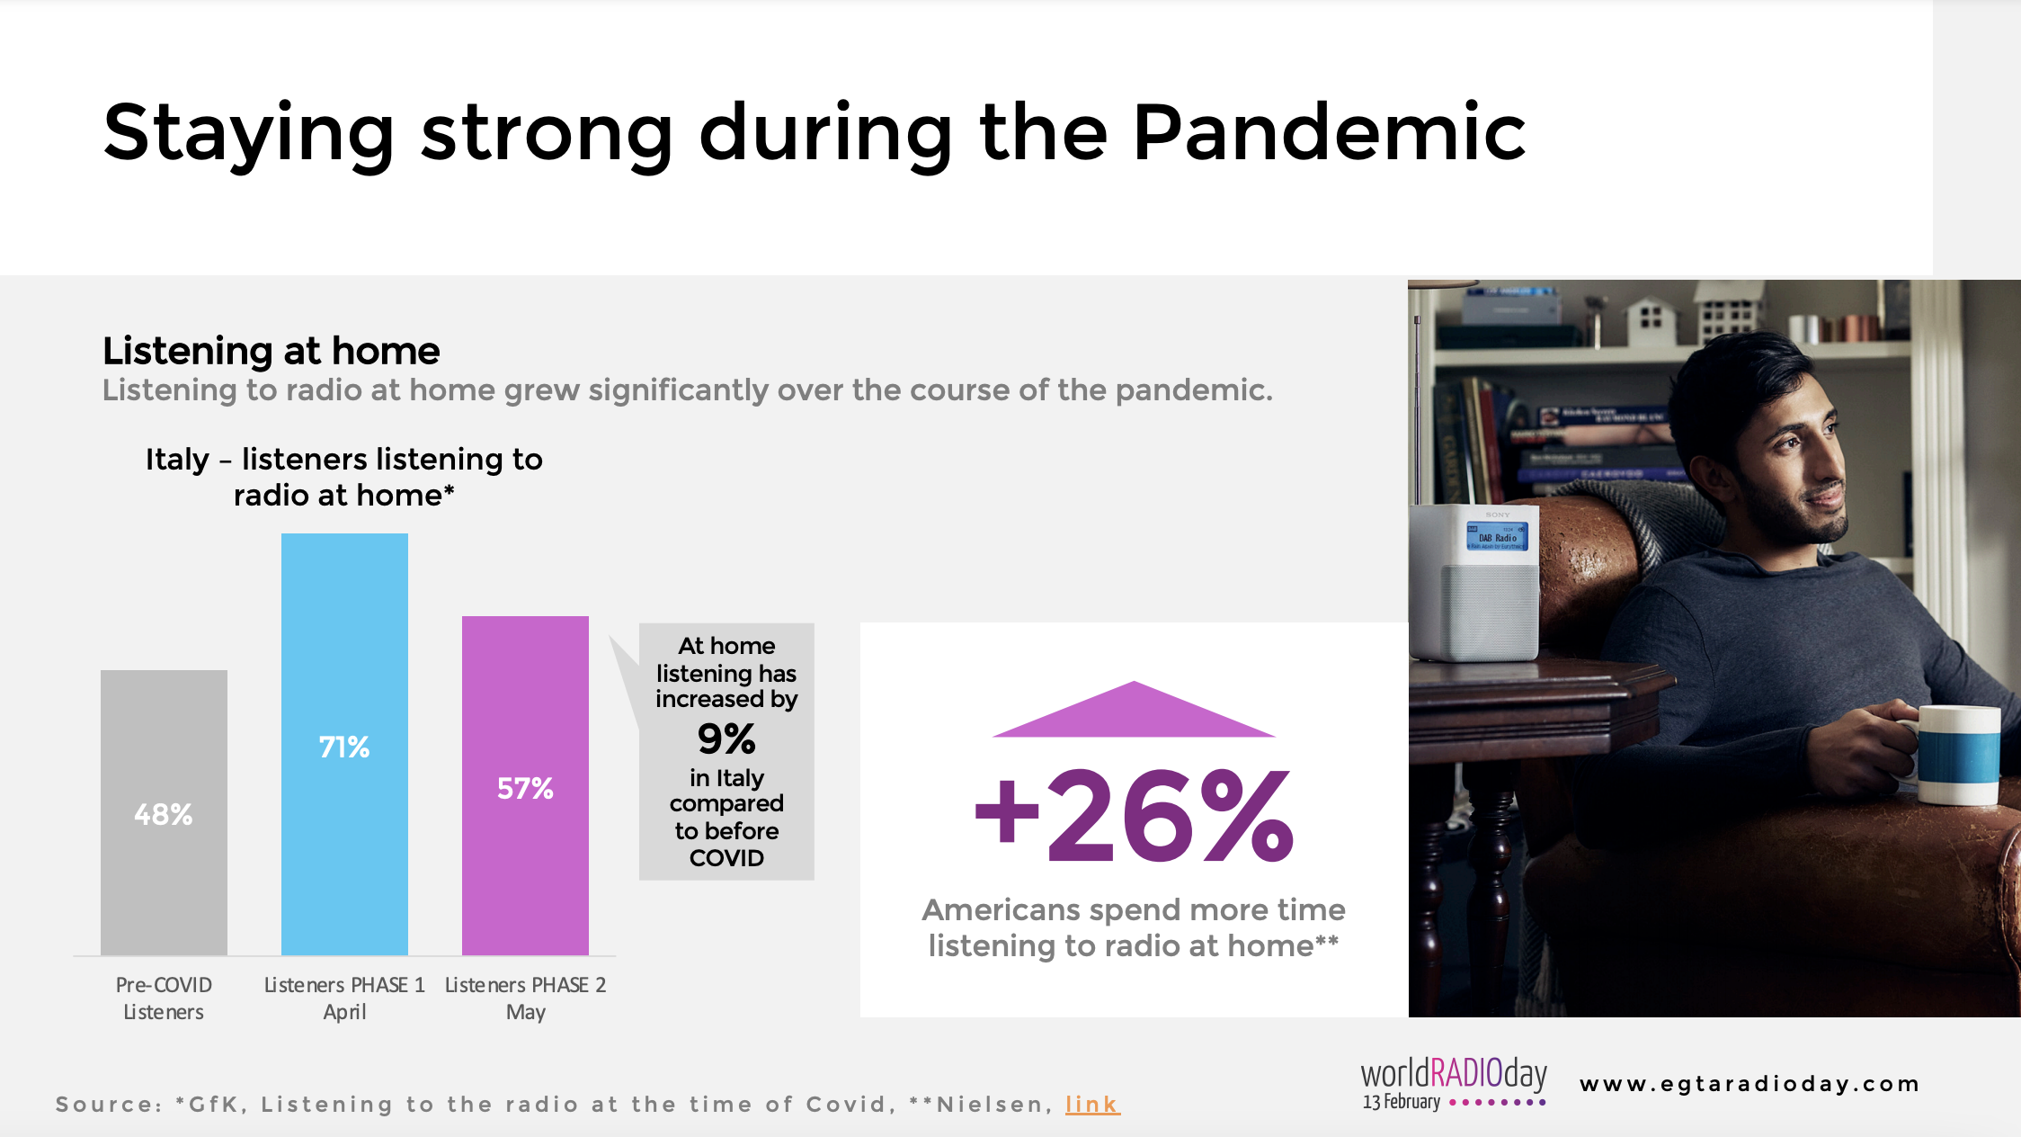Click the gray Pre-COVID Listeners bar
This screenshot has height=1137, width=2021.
[x=164, y=812]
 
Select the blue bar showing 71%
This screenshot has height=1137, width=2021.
[x=344, y=744]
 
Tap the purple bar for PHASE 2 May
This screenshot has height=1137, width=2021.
[x=525, y=785]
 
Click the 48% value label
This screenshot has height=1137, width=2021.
[x=164, y=815]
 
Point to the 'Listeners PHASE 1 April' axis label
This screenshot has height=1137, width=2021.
[x=344, y=998]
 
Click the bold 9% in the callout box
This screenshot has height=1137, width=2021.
[x=726, y=739]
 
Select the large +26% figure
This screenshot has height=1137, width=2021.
[x=1135, y=816]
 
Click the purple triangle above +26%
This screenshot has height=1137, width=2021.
[x=1134, y=711]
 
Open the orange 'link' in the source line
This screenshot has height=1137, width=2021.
[x=1092, y=1104]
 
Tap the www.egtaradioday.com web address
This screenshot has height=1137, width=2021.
[x=1749, y=1084]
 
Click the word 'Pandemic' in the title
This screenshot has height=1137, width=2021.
[x=1329, y=133]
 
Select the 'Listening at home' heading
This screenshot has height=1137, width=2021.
[x=271, y=351]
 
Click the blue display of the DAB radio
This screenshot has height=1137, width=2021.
[x=1497, y=536]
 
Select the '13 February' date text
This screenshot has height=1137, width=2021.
[x=1402, y=1102]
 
